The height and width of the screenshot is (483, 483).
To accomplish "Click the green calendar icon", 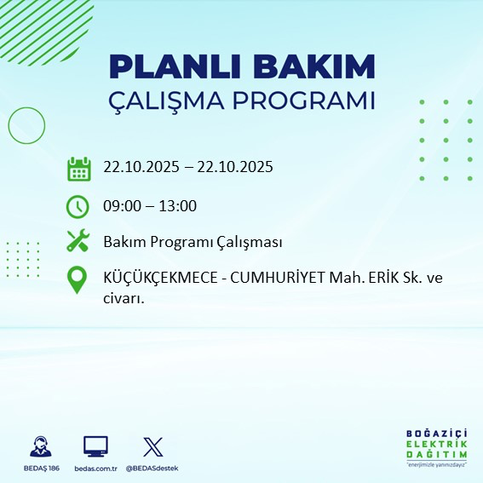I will click(x=78, y=168).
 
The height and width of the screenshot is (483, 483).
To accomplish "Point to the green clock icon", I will click(x=78, y=206).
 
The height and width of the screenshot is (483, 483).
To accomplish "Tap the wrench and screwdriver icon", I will click(x=78, y=242).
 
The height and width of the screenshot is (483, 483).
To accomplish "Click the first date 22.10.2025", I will click(x=141, y=167).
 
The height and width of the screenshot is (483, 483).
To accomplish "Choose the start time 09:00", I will click(x=121, y=205).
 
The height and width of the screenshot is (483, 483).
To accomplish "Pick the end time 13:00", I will click(x=179, y=205).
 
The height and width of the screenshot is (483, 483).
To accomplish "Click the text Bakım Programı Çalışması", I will click(x=193, y=242).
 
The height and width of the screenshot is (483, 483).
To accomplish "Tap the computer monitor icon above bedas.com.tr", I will click(x=95, y=446).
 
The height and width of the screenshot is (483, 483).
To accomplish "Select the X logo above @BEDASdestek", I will click(x=152, y=446).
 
